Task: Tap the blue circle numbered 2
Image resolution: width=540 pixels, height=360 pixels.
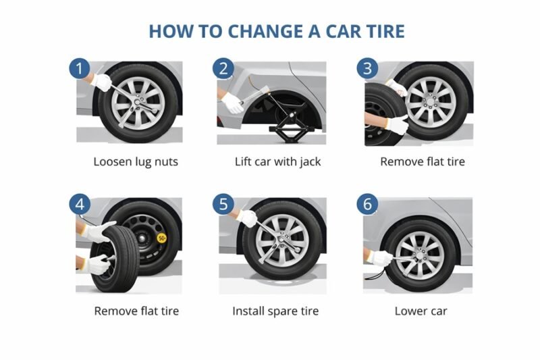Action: pos(223,68)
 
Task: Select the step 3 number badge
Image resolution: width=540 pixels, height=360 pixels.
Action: pos(367,68)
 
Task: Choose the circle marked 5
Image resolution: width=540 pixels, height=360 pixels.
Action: pos(223,204)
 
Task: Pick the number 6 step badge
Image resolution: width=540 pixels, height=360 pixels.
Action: pos(367,204)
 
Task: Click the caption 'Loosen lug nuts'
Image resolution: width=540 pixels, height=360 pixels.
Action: pos(135,162)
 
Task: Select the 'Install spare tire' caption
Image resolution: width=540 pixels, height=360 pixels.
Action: pos(275,311)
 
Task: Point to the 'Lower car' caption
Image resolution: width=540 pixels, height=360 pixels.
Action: pos(421,311)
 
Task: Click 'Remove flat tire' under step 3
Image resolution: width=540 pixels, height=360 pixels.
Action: pos(422,162)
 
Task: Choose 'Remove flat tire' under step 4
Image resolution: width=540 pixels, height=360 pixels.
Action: pos(136,311)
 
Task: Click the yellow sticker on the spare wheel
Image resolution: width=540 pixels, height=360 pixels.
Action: pos(162,238)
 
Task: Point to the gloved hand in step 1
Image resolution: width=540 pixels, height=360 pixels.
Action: pos(102,82)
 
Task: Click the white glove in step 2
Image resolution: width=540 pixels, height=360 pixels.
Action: pos(233,103)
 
